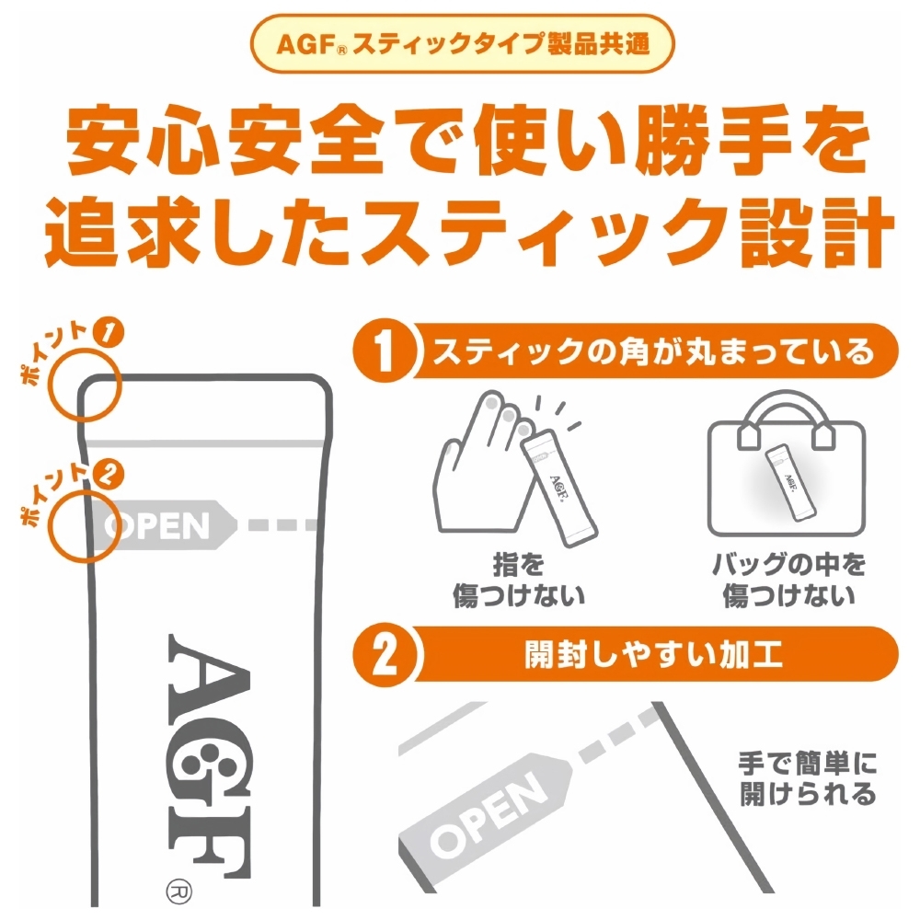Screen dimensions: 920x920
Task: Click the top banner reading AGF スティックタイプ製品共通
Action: pos(463,44)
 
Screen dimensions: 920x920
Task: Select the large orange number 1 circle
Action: pos(385,351)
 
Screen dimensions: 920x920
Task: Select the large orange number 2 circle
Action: pos(385,654)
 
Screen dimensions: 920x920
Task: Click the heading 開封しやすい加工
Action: pos(653,654)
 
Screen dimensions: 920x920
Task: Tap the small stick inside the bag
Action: pos(790,482)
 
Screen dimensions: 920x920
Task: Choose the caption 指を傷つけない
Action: pos(519,580)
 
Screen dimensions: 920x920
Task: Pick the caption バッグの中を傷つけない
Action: pos(788,580)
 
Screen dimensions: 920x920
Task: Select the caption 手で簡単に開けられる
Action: pos(808,778)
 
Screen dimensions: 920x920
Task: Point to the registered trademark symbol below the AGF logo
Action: pos(179,891)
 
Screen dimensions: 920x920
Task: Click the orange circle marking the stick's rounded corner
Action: pos(85,385)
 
